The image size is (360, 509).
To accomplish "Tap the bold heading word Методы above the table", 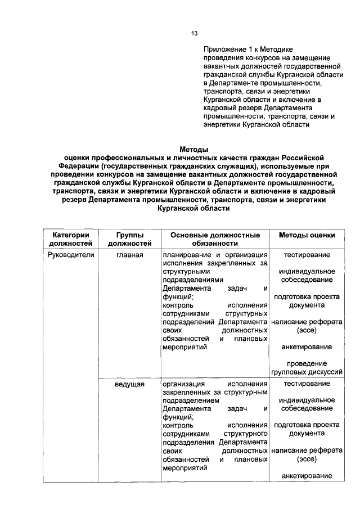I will click(x=194, y=150).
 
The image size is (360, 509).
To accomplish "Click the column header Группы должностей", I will click(x=129, y=239).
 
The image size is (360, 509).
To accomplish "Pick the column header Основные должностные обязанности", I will click(x=215, y=239).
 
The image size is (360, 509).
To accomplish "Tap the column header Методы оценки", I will click(x=307, y=235).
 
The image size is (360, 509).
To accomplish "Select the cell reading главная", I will click(x=129, y=255).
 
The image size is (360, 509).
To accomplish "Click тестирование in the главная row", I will click(x=307, y=255).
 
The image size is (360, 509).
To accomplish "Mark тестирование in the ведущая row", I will click(x=307, y=384).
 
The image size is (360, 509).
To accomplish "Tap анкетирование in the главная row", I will click(x=307, y=346).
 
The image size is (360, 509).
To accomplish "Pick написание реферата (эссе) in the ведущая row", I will click(x=307, y=454).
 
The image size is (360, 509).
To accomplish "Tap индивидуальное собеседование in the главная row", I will click(x=307, y=276).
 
